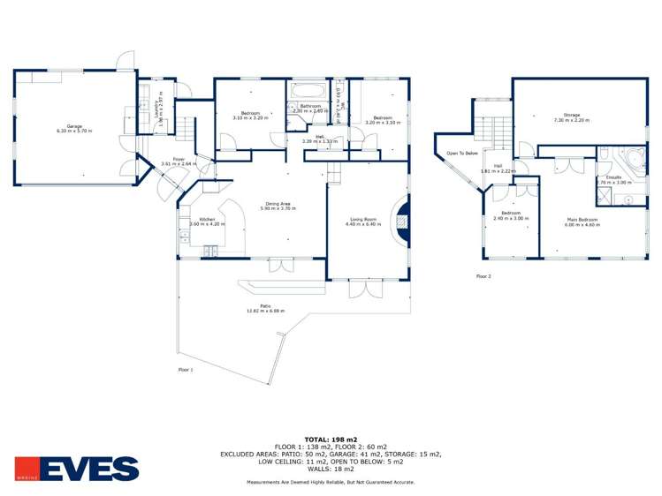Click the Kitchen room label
[207, 221]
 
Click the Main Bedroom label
[582, 221]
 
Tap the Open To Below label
[462, 154]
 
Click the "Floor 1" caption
[186, 369]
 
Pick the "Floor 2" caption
[483, 276]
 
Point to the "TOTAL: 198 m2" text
[331, 438]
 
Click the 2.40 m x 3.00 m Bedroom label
[510, 214]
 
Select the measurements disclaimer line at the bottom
[331, 482]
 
